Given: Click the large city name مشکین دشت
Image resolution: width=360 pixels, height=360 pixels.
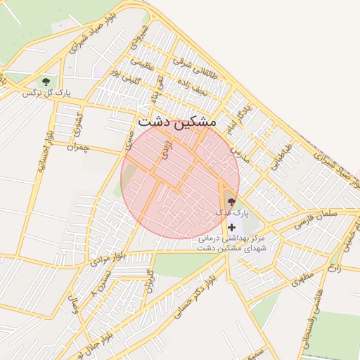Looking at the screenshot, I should click(x=179, y=121).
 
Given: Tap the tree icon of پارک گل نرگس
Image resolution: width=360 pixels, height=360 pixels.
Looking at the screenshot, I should click(x=46, y=82).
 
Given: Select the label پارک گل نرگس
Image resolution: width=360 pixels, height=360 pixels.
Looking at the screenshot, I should click(x=47, y=93).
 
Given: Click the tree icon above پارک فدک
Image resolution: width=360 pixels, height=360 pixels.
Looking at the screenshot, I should click(x=231, y=202).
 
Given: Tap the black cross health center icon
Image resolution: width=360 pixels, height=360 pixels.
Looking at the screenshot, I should click(x=232, y=226).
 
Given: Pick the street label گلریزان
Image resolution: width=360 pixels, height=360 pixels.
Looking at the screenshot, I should click(x=148, y=281).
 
